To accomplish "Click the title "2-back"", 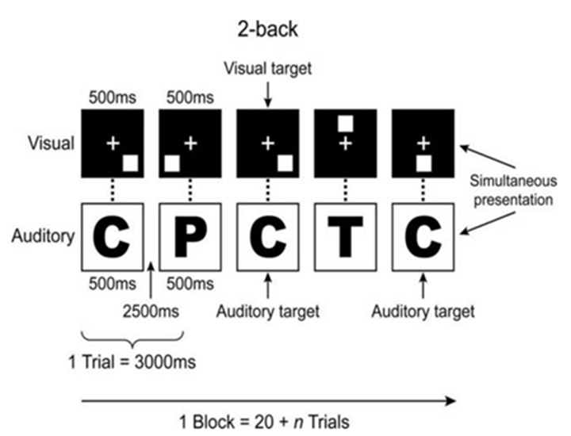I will tap(268, 29).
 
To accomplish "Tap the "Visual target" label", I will tap(268, 70).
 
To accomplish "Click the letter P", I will tap(190, 235).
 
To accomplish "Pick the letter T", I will tap(345, 235).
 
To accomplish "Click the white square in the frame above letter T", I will tap(346, 124).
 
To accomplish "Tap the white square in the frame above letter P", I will tap(171, 163).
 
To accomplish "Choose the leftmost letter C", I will tap(113, 235).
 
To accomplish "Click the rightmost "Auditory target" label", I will tap(423, 310).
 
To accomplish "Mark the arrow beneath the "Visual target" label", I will tap(268, 94).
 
